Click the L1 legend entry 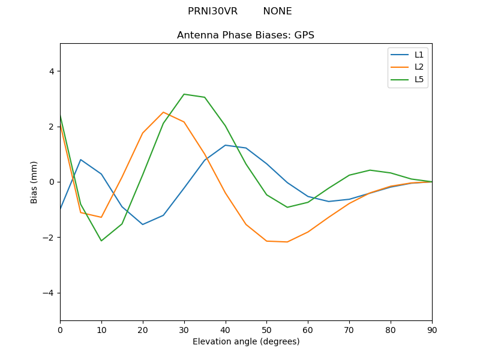pyautogui.click(x=419, y=55)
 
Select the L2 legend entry pyautogui.click(x=419, y=67)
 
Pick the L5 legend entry pyautogui.click(x=419, y=79)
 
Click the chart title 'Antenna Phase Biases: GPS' pyautogui.click(x=245, y=35)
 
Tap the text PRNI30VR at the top pyautogui.click(x=212, y=11)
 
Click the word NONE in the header pyautogui.click(x=277, y=11)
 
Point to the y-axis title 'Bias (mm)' pyautogui.click(x=34, y=182)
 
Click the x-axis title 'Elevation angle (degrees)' pyautogui.click(x=245, y=341)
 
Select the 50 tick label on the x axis pyautogui.click(x=266, y=329)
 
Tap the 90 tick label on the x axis pyautogui.click(x=431, y=329)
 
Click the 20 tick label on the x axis pyautogui.click(x=143, y=329)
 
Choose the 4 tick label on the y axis pyautogui.click(x=51, y=71)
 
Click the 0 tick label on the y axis pyautogui.click(x=51, y=182)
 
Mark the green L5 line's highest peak pyautogui.click(x=184, y=94)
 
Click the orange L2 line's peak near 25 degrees pyautogui.click(x=163, y=112)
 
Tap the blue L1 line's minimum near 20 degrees pyautogui.click(x=143, y=224)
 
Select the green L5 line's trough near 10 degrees pyautogui.click(x=101, y=241)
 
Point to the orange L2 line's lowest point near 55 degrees pyautogui.click(x=287, y=242)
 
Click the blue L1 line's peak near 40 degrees pyautogui.click(x=225, y=145)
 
